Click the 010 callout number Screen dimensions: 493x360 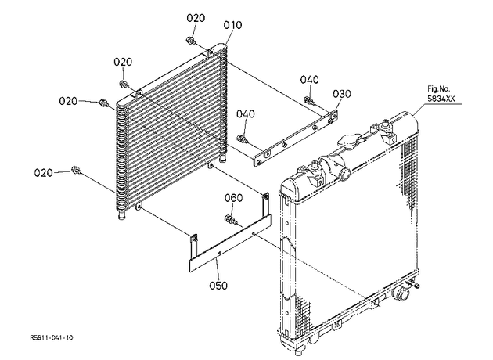point(232,25)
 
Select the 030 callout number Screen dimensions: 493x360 point(342,94)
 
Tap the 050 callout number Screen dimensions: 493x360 point(218,286)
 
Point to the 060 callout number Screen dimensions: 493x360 point(233,198)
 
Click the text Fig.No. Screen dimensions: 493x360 point(438,88)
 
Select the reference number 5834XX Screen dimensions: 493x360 point(441,99)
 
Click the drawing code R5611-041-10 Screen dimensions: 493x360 point(52,337)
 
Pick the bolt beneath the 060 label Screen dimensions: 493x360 point(231,220)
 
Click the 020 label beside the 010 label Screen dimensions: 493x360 point(196,18)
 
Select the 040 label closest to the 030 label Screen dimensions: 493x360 point(309,80)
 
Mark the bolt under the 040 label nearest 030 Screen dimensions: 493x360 point(308,101)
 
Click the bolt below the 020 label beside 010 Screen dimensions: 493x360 point(190,40)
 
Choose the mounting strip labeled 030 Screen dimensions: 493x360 point(296,137)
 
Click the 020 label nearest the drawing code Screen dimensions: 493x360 point(43,173)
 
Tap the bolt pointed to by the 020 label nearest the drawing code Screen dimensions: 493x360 point(76,170)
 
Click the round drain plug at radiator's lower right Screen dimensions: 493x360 point(401,294)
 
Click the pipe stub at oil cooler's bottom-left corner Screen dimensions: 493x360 point(121,216)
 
